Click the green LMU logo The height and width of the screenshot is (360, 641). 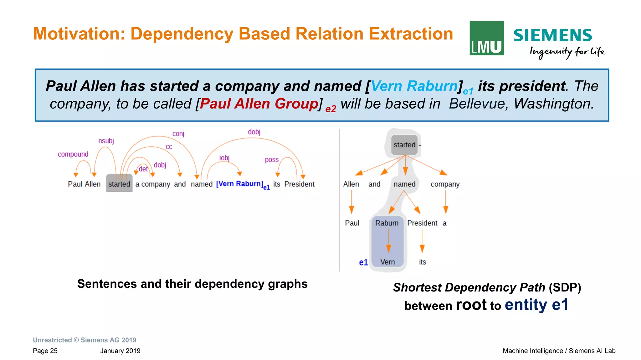[x=486, y=38]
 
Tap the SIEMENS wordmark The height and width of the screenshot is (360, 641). [x=552, y=35]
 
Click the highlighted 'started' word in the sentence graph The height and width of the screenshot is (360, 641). [x=119, y=184]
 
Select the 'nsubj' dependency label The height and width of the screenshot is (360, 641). [x=106, y=141]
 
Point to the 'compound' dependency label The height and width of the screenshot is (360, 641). [x=73, y=154]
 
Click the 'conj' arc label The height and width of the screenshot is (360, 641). [x=178, y=134]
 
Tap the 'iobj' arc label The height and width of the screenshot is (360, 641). [x=224, y=158]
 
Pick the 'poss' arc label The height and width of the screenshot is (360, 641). [x=271, y=160]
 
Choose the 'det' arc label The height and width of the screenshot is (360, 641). [x=143, y=169]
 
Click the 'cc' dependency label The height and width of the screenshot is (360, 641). [x=169, y=147]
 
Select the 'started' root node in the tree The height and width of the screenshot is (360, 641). [x=404, y=145]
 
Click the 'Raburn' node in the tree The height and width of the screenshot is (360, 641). [x=387, y=223]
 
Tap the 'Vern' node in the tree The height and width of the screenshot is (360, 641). [x=387, y=262]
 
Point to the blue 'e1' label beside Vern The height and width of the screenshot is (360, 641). [x=363, y=262]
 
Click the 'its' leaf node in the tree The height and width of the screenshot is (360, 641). [x=422, y=262]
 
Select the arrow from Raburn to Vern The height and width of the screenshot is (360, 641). [x=388, y=241]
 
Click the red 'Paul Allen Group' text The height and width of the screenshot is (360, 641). [x=259, y=104]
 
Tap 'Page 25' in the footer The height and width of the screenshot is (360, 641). [x=45, y=351]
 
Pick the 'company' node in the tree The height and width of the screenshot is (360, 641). [x=445, y=184]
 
